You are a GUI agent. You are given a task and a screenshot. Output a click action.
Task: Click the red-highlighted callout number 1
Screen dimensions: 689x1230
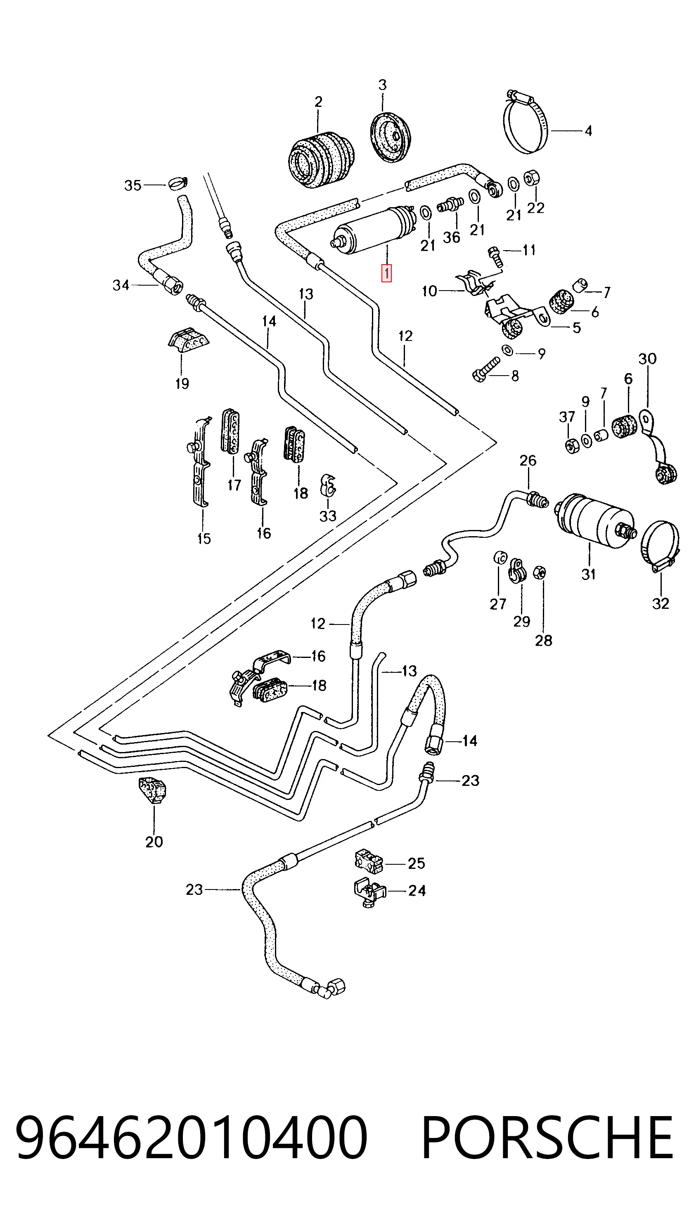(386, 274)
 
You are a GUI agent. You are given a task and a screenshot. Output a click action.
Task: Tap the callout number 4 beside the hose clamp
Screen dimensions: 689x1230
(588, 131)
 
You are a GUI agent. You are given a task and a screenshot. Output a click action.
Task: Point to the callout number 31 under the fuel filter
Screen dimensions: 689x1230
(588, 574)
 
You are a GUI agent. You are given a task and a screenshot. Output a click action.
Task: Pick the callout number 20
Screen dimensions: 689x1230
(154, 842)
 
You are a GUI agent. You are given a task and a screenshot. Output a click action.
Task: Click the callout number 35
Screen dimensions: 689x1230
(133, 185)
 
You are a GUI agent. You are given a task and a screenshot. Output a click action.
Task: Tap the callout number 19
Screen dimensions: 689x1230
(182, 383)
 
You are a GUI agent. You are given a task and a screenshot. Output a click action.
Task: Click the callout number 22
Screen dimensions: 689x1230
(536, 208)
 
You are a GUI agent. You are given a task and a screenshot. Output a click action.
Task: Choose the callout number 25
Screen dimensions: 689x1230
(417, 863)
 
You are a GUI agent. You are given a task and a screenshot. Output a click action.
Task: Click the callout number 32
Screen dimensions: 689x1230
(661, 603)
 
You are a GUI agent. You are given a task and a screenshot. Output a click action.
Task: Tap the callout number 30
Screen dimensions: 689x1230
(647, 359)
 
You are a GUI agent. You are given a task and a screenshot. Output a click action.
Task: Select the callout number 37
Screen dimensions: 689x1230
(567, 417)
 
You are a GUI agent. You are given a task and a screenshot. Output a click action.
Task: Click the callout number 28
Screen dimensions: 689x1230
(543, 640)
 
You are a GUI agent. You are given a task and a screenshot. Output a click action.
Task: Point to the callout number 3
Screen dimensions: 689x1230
(382, 85)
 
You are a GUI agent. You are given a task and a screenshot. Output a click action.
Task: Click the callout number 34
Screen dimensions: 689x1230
(121, 286)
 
